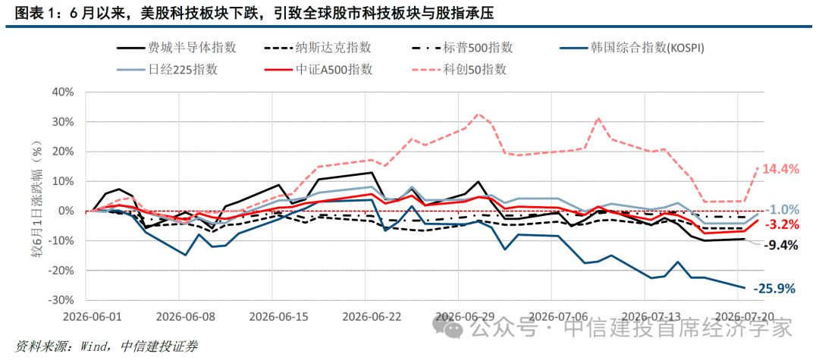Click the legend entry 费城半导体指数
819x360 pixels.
pyautogui.click(x=177, y=48)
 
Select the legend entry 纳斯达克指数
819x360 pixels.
pyautogui.click(x=318, y=48)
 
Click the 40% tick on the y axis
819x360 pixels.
pyautogui.click(x=65, y=92)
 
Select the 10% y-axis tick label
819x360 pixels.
pyautogui.click(x=65, y=182)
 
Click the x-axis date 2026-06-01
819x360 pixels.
pyautogui.click(x=86, y=317)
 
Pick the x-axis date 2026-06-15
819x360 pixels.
pyautogui.click(x=272, y=317)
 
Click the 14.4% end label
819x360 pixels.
pyautogui.click(x=781, y=168)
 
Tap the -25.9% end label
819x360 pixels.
pyautogui.click(x=774, y=288)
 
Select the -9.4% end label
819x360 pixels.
pyautogui.click(x=780, y=246)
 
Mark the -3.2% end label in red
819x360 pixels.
pyautogui.click(x=782, y=225)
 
